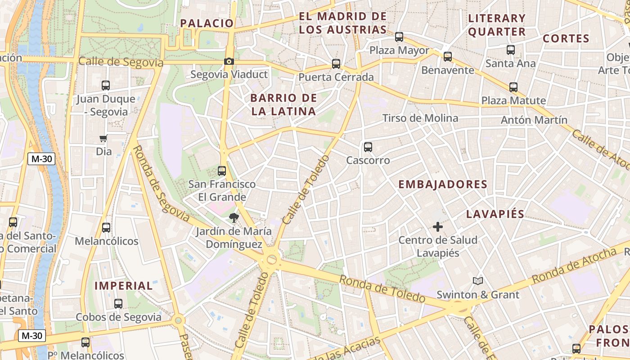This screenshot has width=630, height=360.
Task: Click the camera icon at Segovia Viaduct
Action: point(229,61)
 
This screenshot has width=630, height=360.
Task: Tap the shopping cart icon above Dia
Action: point(103,139)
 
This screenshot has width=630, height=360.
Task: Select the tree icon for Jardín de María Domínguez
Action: point(234,218)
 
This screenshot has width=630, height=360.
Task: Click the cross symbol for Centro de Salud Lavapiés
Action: point(437,227)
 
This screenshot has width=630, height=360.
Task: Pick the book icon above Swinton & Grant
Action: point(478,281)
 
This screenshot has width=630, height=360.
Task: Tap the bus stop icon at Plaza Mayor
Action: point(399,37)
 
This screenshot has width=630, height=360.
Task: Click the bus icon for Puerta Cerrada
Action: point(336,64)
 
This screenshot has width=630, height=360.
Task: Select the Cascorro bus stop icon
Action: point(368,147)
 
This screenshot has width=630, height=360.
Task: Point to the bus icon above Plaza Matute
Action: point(513,87)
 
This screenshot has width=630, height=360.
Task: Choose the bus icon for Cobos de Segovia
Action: point(118,304)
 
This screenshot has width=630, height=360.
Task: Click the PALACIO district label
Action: point(207,23)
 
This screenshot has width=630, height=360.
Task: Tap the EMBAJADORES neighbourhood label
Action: point(443,184)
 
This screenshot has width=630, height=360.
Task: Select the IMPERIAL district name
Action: point(124,286)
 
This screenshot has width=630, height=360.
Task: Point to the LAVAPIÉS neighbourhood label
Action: point(495,214)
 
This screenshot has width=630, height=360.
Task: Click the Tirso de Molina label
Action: point(420,118)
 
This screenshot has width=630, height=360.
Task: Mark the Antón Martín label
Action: point(534,120)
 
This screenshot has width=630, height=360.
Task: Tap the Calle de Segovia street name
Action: point(121,62)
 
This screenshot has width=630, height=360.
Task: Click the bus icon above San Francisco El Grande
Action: point(222,171)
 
